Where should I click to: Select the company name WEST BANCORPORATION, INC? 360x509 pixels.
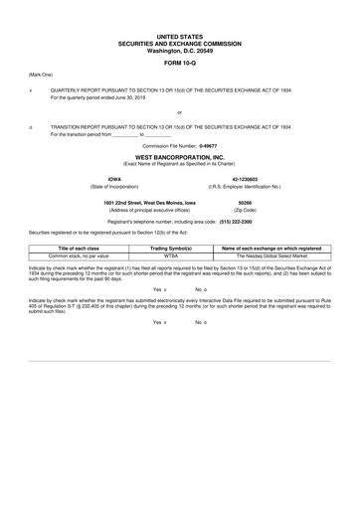pos(179,157)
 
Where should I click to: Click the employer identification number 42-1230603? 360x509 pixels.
pos(245,180)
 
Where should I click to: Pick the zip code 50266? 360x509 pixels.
pos(245,203)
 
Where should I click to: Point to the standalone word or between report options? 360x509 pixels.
pos(179,112)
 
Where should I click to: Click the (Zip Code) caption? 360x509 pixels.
pos(245,211)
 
